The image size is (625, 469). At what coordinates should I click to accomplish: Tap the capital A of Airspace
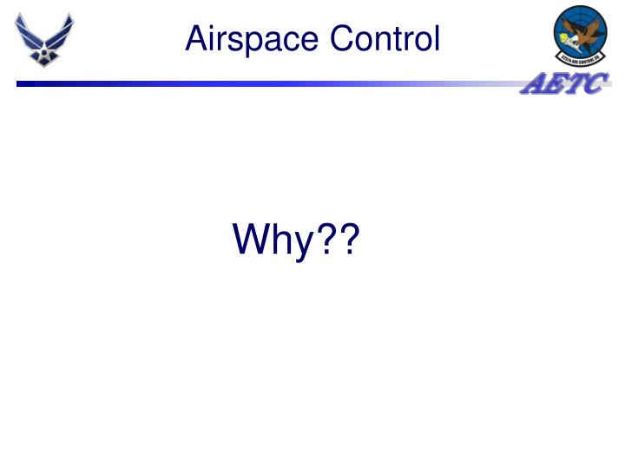[x=195, y=38]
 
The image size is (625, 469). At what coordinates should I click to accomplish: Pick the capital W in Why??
[x=252, y=240]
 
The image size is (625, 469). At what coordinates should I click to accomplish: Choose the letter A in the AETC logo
[x=533, y=85]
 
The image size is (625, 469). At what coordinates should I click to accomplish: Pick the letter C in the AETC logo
[x=596, y=85]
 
